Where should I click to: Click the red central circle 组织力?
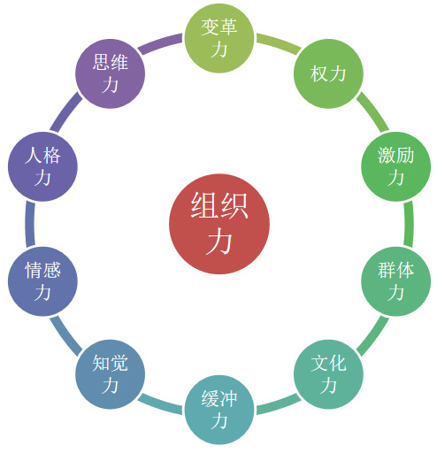pos(219,224)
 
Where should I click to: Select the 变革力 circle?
pos(219,38)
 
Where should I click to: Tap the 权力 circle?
pos(328,73)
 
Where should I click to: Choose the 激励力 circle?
pos(396,166)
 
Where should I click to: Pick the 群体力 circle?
pos(396,281)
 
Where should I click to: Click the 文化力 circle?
pos(328,374)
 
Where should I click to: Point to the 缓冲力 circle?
pos(219,410)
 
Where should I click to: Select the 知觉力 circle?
pos(110,374)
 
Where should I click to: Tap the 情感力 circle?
pos(42,281)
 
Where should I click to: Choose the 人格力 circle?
pos(42,166)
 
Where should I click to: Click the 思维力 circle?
pos(110,73)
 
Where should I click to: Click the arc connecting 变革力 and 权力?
pos(279,43)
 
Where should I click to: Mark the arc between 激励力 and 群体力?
pos(409,224)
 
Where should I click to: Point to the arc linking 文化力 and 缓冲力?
pos(279,404)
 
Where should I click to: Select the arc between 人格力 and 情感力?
pos(30,224)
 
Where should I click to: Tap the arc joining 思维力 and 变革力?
pos(160,43)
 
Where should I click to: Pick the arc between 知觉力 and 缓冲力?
pos(160,404)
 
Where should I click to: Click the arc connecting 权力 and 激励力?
pos(372,111)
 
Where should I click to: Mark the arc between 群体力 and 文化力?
pos(372,336)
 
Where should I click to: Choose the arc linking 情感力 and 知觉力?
pos(65,336)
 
